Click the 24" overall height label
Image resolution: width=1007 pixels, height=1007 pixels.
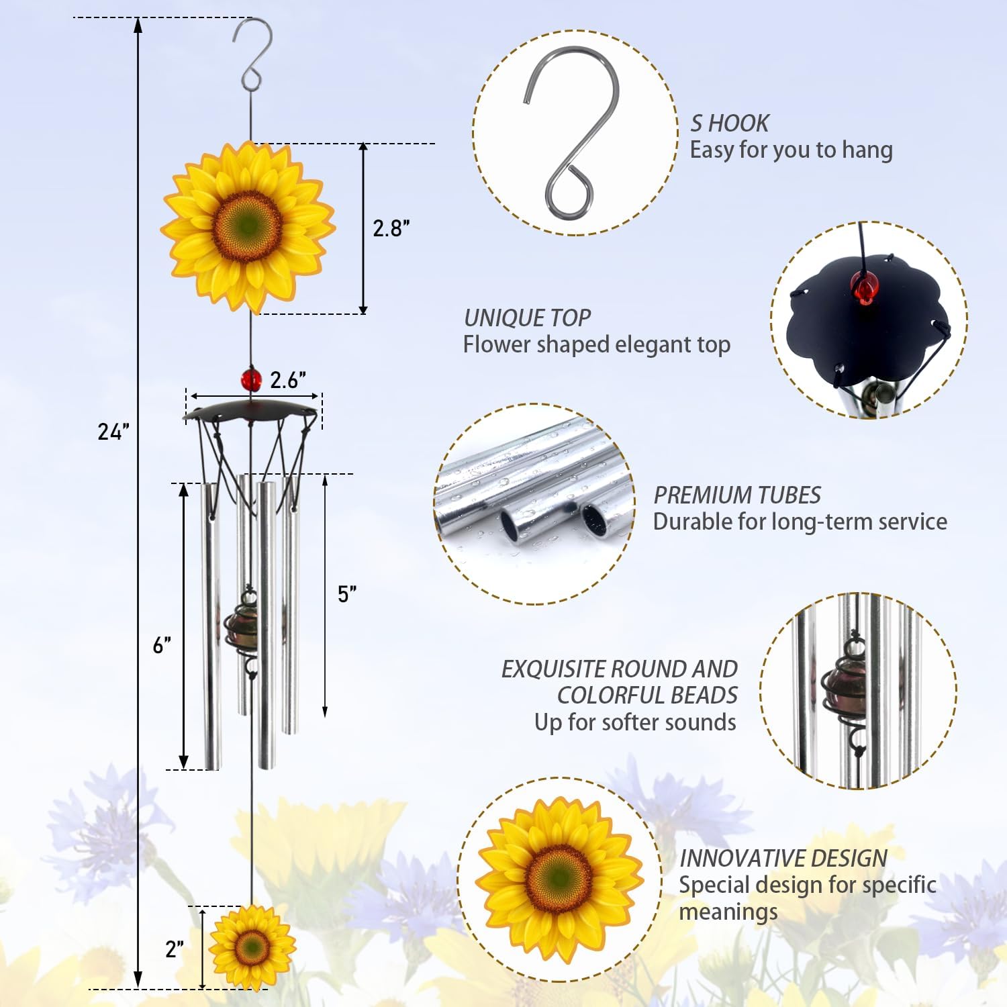(113, 432)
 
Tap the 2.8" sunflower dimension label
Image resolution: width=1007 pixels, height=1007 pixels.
(391, 228)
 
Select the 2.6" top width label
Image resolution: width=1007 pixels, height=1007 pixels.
(287, 380)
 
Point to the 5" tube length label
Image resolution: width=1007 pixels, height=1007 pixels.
(346, 594)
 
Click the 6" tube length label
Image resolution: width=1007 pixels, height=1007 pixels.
(161, 645)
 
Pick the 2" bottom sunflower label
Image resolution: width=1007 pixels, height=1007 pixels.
(174, 949)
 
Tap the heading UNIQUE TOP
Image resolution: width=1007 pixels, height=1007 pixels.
(527, 318)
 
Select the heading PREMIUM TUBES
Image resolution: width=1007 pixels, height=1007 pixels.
(736, 495)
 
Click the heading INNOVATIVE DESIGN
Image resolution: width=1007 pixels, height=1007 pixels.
(783, 859)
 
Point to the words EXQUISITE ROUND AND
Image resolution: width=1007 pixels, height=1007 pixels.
(619, 669)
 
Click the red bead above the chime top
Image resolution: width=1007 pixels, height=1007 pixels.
(251, 380)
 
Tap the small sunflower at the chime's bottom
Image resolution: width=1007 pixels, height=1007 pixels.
(252, 947)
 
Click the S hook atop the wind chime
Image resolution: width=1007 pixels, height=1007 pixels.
(252, 54)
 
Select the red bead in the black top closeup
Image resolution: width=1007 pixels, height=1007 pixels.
(865, 287)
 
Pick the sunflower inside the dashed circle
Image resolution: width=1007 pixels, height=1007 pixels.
(559, 879)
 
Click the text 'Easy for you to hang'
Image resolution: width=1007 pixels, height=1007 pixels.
(791, 150)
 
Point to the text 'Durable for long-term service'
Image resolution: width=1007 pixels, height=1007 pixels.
(800, 522)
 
